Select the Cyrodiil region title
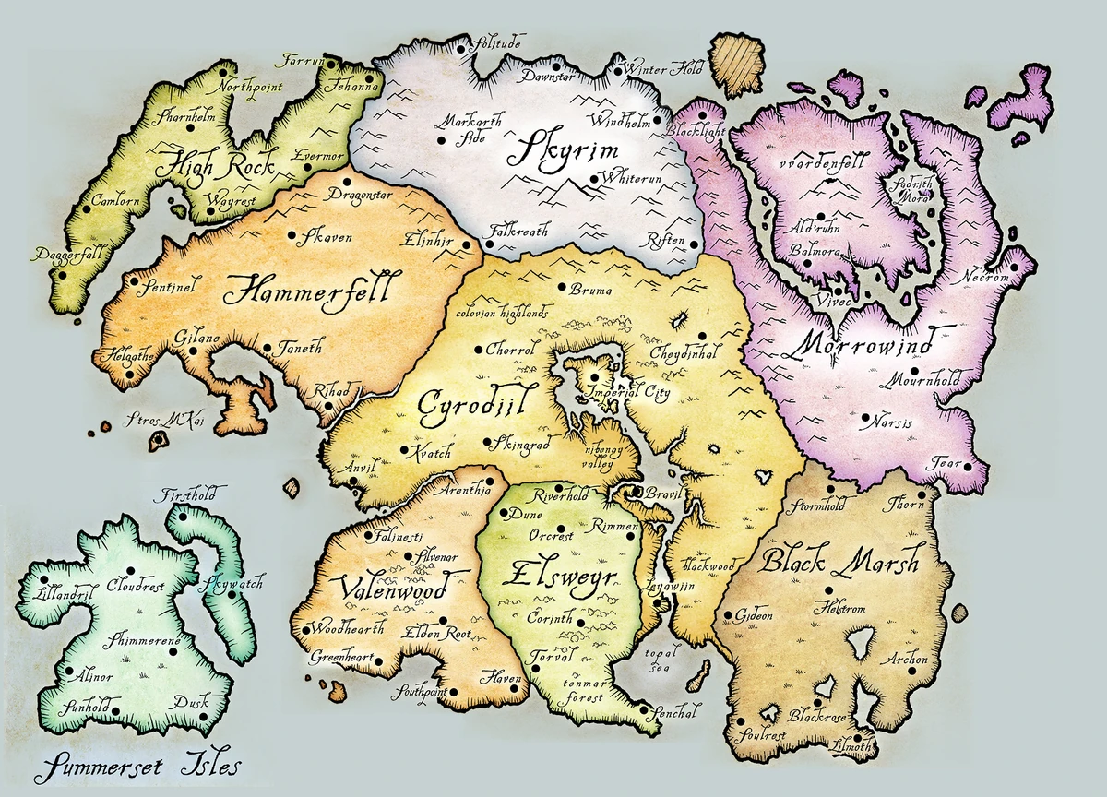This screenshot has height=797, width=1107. (465, 403)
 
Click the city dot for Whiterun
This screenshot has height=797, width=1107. (593, 178)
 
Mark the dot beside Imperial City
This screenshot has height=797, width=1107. (596, 377)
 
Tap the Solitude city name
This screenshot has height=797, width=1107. (497, 43)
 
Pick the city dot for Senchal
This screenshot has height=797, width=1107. (641, 711)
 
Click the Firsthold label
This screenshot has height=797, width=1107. (188, 494)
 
